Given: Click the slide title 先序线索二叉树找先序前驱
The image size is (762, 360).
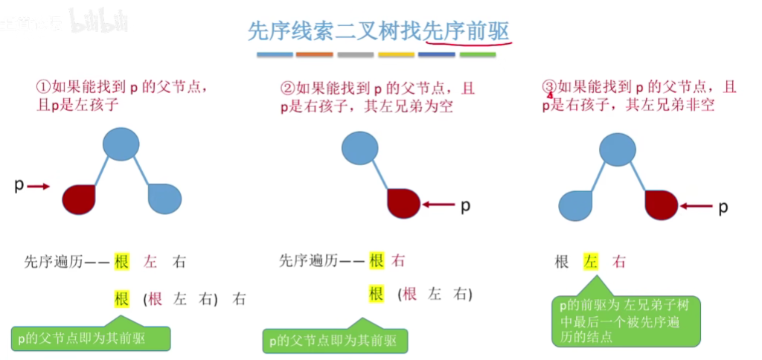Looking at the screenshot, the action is coord(380,32).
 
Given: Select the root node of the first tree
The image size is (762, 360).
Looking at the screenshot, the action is coord(121,144).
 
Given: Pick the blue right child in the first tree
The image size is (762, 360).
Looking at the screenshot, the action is coord(164,198).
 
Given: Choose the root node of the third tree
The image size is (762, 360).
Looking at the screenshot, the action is coord(617,148).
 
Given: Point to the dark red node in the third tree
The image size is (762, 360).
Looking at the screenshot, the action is coord(661,205).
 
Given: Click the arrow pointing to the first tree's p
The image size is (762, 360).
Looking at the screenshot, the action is coord(38,187).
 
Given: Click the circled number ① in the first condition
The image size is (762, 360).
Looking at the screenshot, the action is coord(43,88).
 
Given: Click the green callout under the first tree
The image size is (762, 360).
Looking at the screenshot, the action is coord(90,338).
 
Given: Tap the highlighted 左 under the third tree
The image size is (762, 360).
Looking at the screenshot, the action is coord(591,262).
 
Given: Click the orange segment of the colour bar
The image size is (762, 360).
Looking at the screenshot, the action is coord(314,55).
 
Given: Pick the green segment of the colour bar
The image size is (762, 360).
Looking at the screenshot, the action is coord(478,55).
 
